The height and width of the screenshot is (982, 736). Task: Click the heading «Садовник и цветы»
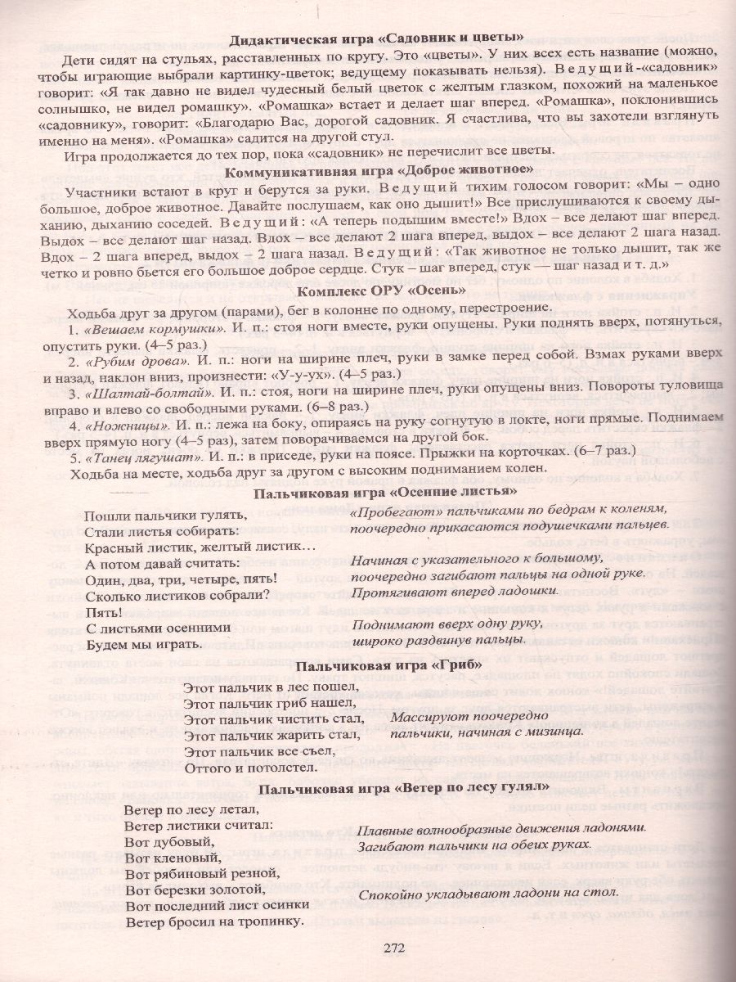click(x=376, y=38)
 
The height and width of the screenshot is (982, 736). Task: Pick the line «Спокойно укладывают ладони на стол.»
click(x=487, y=894)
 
